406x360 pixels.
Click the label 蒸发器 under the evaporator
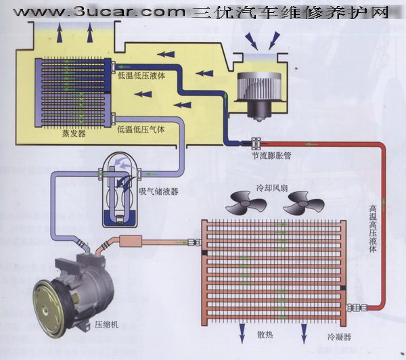pyautogui.click(x=74, y=133)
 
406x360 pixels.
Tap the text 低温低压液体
pyautogui.click(x=141, y=76)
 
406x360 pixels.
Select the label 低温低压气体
pyautogui.click(x=141, y=129)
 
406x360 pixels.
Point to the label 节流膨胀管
pyautogui.click(x=272, y=156)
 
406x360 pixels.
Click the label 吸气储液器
pyautogui.click(x=159, y=192)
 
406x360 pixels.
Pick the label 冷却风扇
pyautogui.click(x=272, y=187)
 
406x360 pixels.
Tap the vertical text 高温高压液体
pyautogui.click(x=373, y=229)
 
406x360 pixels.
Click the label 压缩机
pyautogui.click(x=106, y=325)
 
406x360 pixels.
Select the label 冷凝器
pyautogui.click(x=339, y=337)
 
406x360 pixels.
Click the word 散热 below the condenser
pyautogui.click(x=265, y=335)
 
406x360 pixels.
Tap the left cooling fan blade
pyautogui.click(x=246, y=204)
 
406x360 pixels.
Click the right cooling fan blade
pyautogui.click(x=303, y=204)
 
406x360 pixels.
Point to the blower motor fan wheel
pyautogui.click(x=259, y=87)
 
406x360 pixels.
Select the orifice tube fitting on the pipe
pyautogui.click(x=256, y=143)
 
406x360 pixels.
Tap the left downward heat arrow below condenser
pyautogui.click(x=242, y=334)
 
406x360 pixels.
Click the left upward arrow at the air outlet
pyautogui.click(x=60, y=32)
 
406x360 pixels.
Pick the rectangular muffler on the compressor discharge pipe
pyautogui.click(x=131, y=241)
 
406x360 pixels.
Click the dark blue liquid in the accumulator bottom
pyautogui.click(x=119, y=218)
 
